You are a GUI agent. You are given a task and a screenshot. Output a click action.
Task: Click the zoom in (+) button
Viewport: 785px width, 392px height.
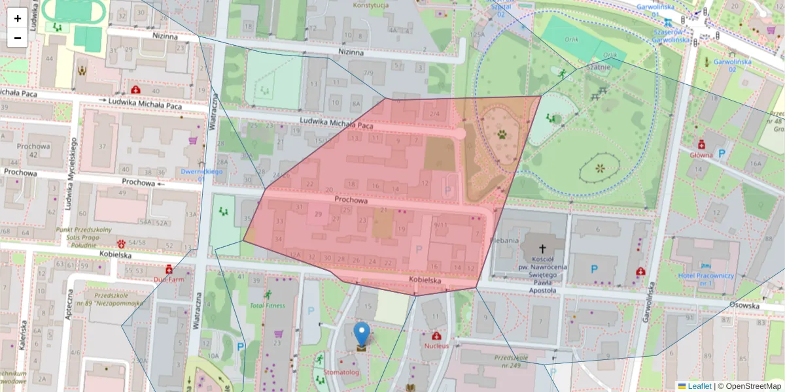pos(18,18)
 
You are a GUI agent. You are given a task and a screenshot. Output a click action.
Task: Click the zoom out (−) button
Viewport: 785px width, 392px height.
pos(18,38)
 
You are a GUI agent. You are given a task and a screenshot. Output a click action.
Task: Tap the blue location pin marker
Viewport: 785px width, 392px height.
pos(361,335)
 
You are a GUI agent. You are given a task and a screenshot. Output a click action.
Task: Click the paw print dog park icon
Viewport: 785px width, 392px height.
pos(502,135)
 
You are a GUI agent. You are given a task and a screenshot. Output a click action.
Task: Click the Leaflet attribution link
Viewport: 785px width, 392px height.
pos(699,386)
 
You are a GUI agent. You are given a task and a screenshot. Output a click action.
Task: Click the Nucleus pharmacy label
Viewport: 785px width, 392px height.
pos(436,345)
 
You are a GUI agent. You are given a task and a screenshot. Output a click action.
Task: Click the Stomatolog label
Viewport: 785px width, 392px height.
pos(341,372)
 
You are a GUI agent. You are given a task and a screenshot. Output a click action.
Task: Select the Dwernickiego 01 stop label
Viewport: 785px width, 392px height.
pos(201,174)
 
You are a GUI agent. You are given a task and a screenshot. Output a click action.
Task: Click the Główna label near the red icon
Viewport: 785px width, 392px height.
pos(701,155)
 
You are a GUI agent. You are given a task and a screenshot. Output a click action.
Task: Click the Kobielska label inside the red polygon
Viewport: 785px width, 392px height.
pos(425,280)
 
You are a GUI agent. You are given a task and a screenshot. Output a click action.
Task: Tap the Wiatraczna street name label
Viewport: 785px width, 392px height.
pos(215,111)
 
